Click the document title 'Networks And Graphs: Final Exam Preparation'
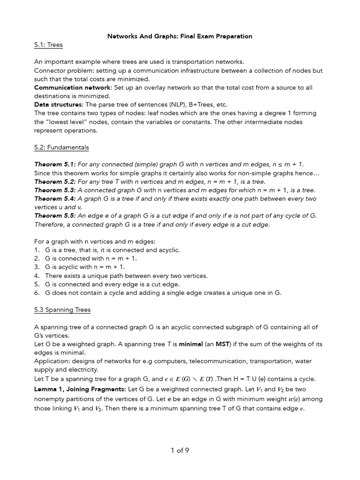pos(180,36)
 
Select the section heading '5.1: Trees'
pos(48,45)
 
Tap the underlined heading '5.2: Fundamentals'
pos(61,147)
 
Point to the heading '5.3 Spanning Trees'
pos(62,310)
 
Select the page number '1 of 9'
pos(180,450)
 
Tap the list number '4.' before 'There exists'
pos(37,276)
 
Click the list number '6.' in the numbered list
pos(37,292)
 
